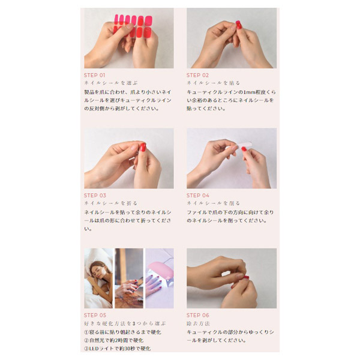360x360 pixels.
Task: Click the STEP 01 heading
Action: (95, 75)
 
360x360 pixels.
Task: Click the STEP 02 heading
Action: (198, 75)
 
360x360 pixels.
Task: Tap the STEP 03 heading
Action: (95, 195)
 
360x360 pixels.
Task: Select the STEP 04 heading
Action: (198, 195)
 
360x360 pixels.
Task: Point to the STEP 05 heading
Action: (95, 315)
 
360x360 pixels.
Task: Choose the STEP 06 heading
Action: (198, 315)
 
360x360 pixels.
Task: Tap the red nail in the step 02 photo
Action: (238, 25)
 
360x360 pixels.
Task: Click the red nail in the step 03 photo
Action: (143, 147)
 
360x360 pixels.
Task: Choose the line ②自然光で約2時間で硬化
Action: (114, 340)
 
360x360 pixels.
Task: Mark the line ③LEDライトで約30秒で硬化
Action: (118, 349)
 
